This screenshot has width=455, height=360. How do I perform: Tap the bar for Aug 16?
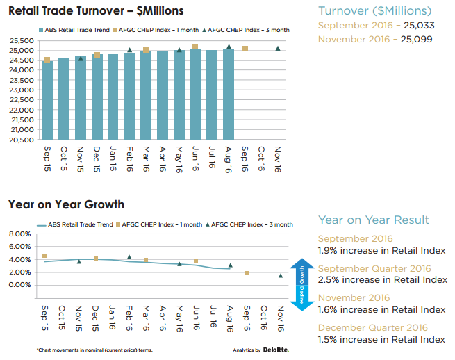[229, 94]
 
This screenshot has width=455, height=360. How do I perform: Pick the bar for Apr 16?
[163, 95]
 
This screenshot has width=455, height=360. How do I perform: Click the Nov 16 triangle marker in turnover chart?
[278, 49]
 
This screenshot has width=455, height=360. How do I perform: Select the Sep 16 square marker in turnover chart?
[245, 49]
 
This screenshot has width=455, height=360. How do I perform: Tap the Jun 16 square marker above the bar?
[195, 47]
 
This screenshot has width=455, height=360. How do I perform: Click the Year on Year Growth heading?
[67, 204]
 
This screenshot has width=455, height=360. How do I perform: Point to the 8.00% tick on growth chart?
[19, 234]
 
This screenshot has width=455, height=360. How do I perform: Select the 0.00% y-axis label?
[19, 285]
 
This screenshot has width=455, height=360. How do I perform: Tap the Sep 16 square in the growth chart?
[246, 273]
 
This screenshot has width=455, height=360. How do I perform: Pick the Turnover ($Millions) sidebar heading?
[374, 10]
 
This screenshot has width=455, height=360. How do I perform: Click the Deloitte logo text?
[276, 350]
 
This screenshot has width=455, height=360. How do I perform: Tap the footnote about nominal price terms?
[94, 350]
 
